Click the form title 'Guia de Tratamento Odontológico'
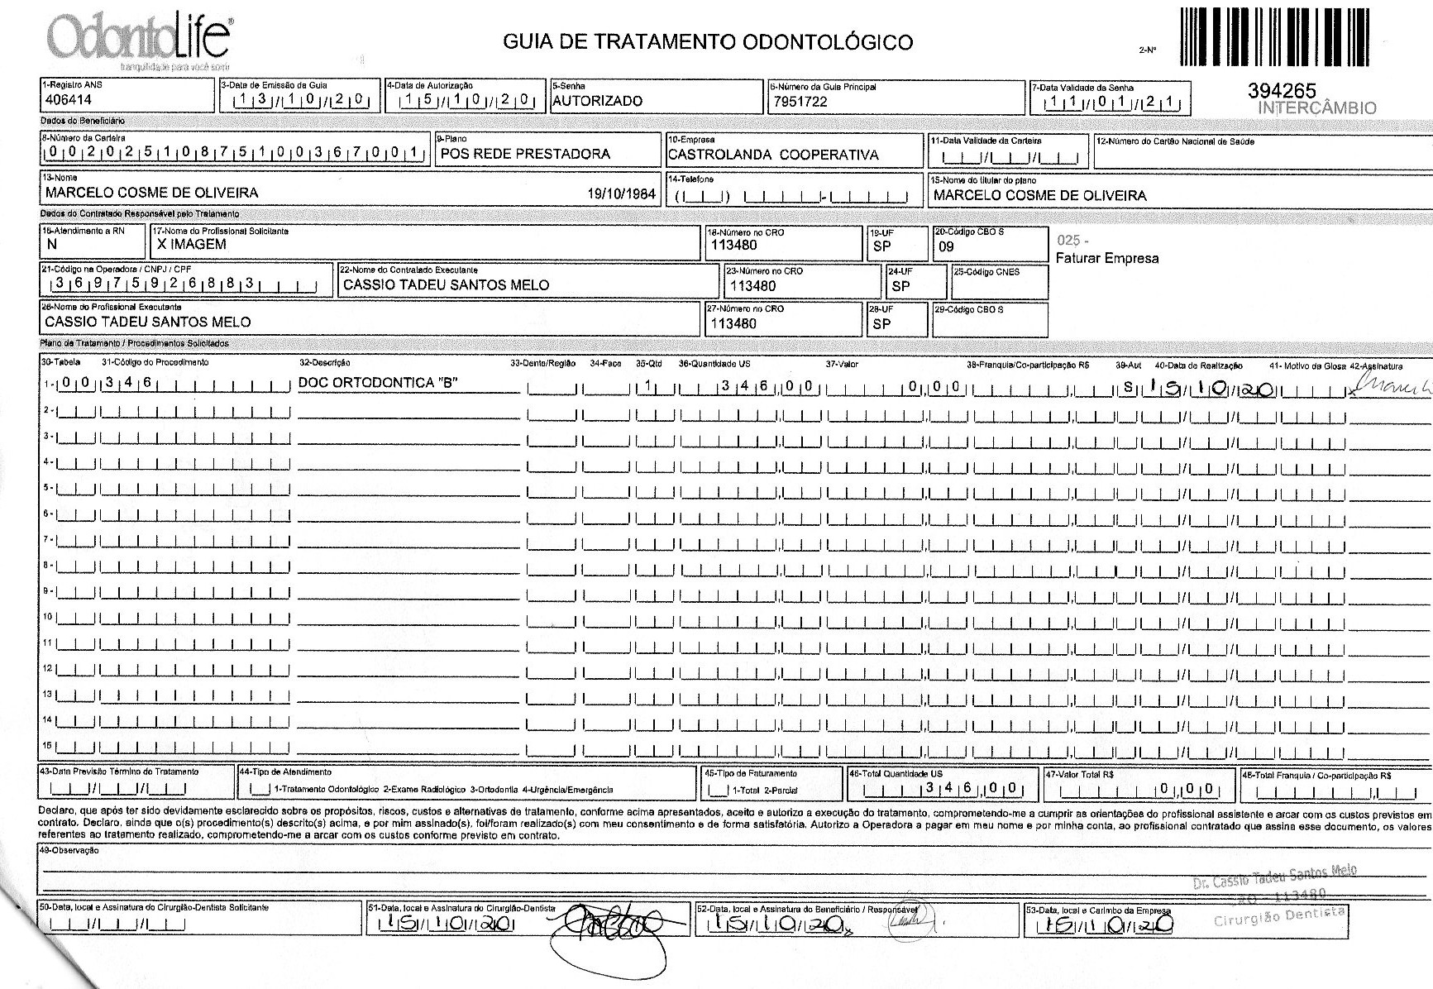[708, 42]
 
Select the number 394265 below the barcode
[1282, 92]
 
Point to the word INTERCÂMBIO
[1317, 108]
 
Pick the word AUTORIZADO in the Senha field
[597, 101]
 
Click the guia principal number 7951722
[800, 102]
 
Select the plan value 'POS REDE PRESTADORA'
[525, 154]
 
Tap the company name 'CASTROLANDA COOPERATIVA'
[773, 155]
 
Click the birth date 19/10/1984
[621, 194]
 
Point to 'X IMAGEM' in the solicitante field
[191, 244]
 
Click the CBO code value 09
[947, 246]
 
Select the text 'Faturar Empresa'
[1106, 258]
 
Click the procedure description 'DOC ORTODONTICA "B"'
[377, 382]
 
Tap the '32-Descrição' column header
[324, 362]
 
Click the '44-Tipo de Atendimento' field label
[285, 772]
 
